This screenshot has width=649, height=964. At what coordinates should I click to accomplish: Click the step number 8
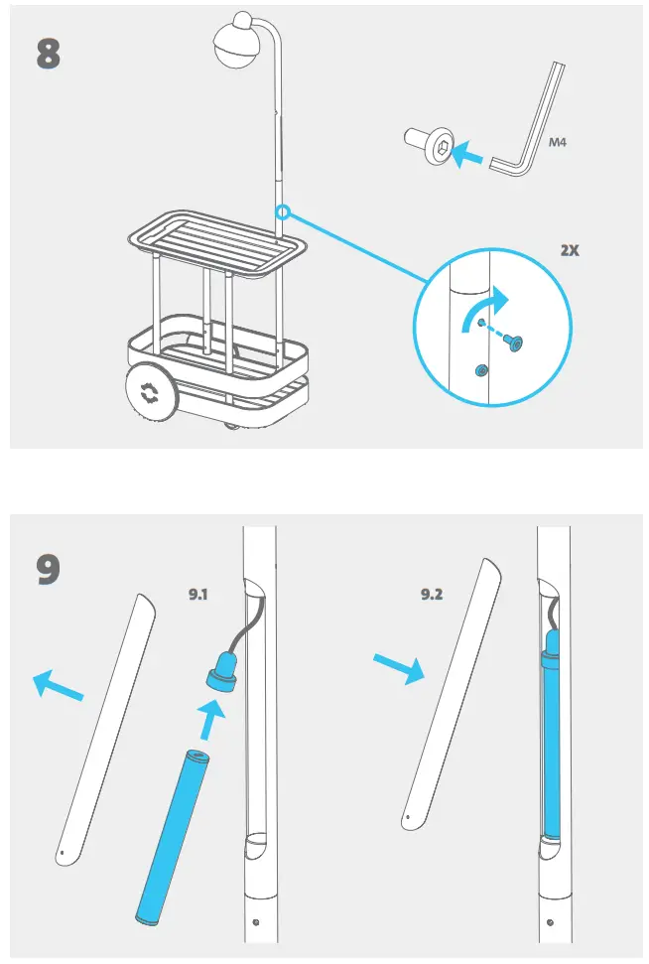48,54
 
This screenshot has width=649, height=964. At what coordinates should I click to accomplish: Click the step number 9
48,569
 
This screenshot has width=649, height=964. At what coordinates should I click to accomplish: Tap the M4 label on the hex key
559,143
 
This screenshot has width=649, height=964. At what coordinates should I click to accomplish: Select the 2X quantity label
569,251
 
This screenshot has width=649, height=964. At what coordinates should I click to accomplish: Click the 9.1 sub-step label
202,595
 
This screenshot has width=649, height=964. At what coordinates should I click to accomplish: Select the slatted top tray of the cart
215,238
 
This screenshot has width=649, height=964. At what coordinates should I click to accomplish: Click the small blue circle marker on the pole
284,211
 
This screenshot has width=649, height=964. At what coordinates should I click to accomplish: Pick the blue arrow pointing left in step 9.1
59,686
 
